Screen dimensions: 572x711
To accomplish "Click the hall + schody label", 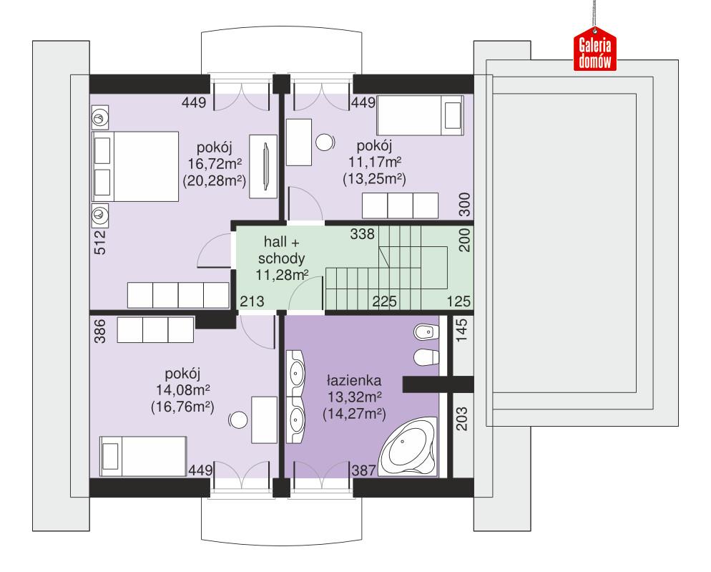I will pyautogui.click(x=282, y=251).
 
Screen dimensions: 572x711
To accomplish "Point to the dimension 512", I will pyautogui.click(x=99, y=242).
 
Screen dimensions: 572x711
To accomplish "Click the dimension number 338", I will pyautogui.click(x=363, y=234).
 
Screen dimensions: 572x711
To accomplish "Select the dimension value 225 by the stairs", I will pyautogui.click(x=384, y=301).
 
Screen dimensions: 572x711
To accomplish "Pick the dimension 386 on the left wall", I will pyautogui.click(x=99, y=331).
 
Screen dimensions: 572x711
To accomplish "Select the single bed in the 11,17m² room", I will pyautogui.click(x=421, y=115).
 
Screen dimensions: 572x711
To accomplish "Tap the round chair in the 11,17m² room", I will pyautogui.click(x=325, y=142).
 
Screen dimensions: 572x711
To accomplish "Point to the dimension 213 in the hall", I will pyautogui.click(x=252, y=301).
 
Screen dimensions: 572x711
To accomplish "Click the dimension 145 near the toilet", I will pyautogui.click(x=463, y=331).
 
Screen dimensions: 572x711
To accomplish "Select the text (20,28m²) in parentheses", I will pyautogui.click(x=214, y=180).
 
